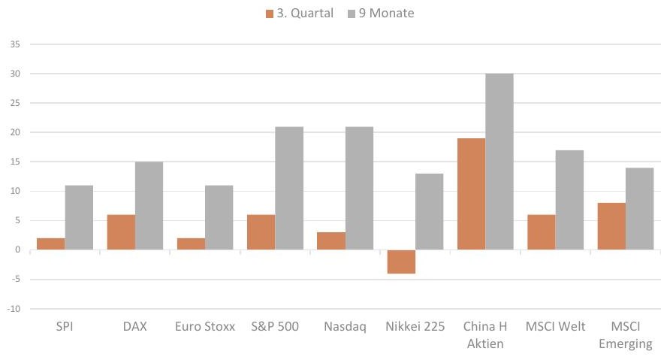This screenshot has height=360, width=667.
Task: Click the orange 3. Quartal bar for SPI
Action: coord(51,244)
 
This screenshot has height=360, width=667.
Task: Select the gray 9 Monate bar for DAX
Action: coord(149,206)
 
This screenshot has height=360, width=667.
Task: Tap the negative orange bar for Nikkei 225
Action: coord(401,262)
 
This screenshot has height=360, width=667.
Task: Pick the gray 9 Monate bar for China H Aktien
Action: coord(499,162)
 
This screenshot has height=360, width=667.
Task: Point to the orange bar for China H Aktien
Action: coord(471,194)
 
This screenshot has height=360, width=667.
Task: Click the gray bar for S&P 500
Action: coord(289,188)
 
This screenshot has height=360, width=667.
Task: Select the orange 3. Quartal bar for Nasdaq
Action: coord(331,241)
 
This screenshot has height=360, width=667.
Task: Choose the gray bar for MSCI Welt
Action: coord(569,200)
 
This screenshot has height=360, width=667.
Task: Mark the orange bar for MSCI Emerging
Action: coord(611,226)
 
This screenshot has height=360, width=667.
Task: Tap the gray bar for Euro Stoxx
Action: coord(219,217)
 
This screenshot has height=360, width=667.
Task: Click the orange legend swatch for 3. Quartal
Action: coord(269,14)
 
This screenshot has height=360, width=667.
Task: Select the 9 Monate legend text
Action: coord(386,14)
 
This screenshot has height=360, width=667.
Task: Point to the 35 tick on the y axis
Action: coord(15,44)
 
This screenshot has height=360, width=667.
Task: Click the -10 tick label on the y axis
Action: coord(14,309)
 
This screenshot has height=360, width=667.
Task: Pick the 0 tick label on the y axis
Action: coord(17,250)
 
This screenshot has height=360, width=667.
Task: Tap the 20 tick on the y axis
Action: coord(15,132)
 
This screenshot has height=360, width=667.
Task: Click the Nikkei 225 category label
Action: coord(415,326)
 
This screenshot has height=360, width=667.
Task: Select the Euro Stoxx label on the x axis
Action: coord(205,326)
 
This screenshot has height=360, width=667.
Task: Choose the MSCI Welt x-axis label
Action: coord(556,326)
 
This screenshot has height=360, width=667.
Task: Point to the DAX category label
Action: coord(135,326)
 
